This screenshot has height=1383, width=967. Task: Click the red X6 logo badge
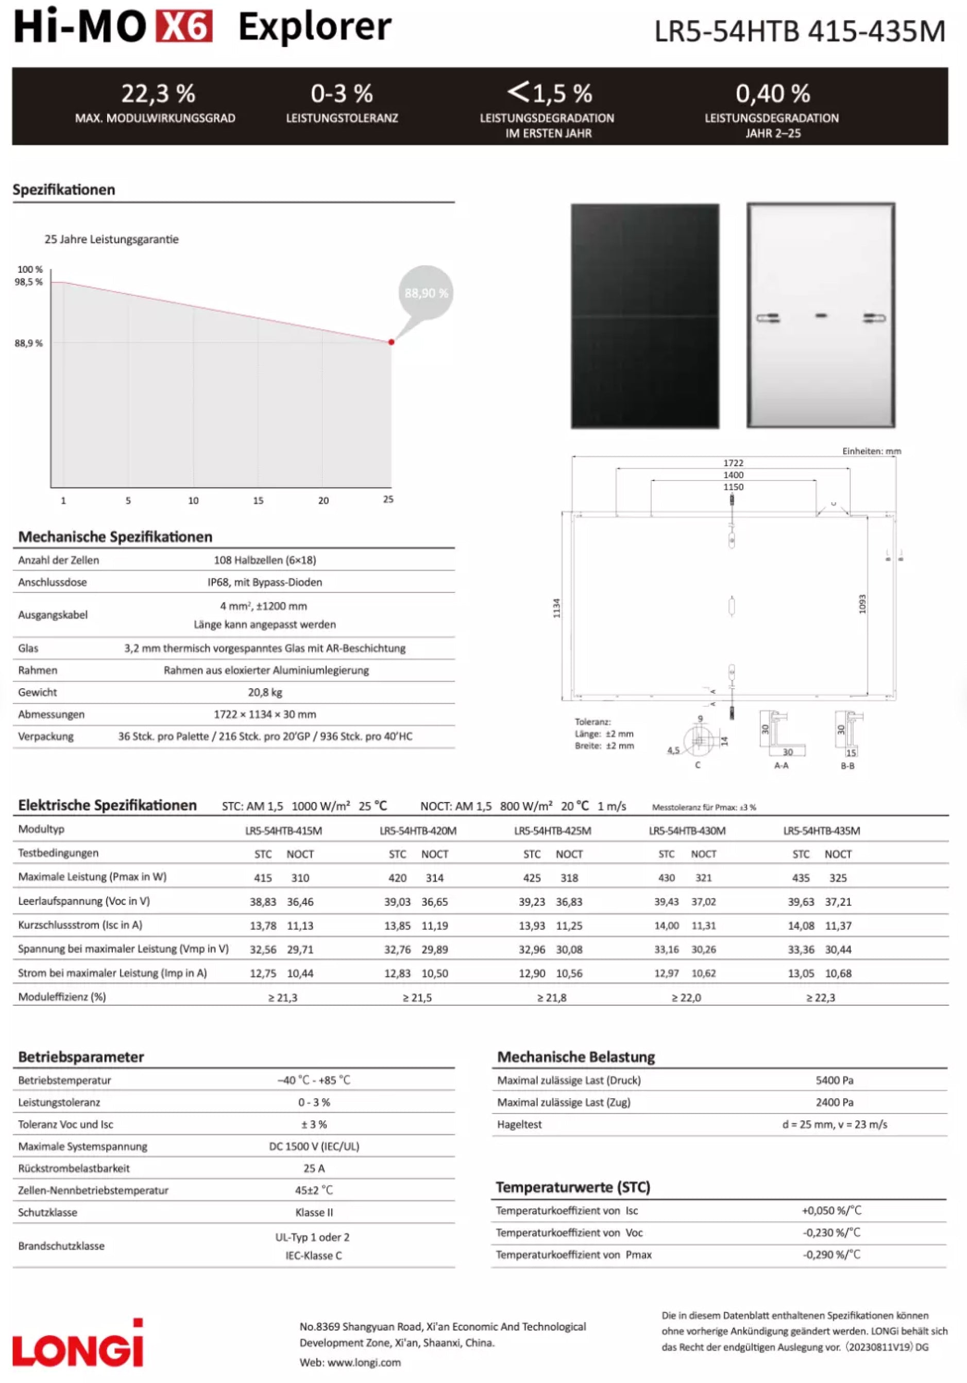[x=184, y=26]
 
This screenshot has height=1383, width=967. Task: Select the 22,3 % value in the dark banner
[x=158, y=93]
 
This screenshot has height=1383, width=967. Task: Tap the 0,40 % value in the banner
[x=772, y=93]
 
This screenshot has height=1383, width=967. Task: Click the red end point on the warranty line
[x=391, y=342]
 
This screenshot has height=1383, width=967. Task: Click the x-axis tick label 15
[x=258, y=501]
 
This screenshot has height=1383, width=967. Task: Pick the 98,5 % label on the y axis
[x=29, y=282]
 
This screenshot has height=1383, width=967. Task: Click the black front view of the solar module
[x=644, y=316]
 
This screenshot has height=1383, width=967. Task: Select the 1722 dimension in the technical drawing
[x=733, y=463]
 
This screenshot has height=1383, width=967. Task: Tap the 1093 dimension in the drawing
[x=862, y=604]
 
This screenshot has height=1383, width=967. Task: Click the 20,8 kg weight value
[x=265, y=692]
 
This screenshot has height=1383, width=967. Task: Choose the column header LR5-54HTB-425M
[x=552, y=831]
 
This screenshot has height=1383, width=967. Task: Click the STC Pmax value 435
[x=801, y=878]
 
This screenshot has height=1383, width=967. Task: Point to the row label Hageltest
[x=519, y=1124]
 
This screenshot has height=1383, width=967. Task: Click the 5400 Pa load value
[x=835, y=1080]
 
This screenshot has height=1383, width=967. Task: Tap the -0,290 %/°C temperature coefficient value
[x=832, y=1254]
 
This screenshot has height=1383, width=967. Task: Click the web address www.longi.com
[x=364, y=1362]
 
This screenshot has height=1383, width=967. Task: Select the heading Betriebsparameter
[x=81, y=1056]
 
